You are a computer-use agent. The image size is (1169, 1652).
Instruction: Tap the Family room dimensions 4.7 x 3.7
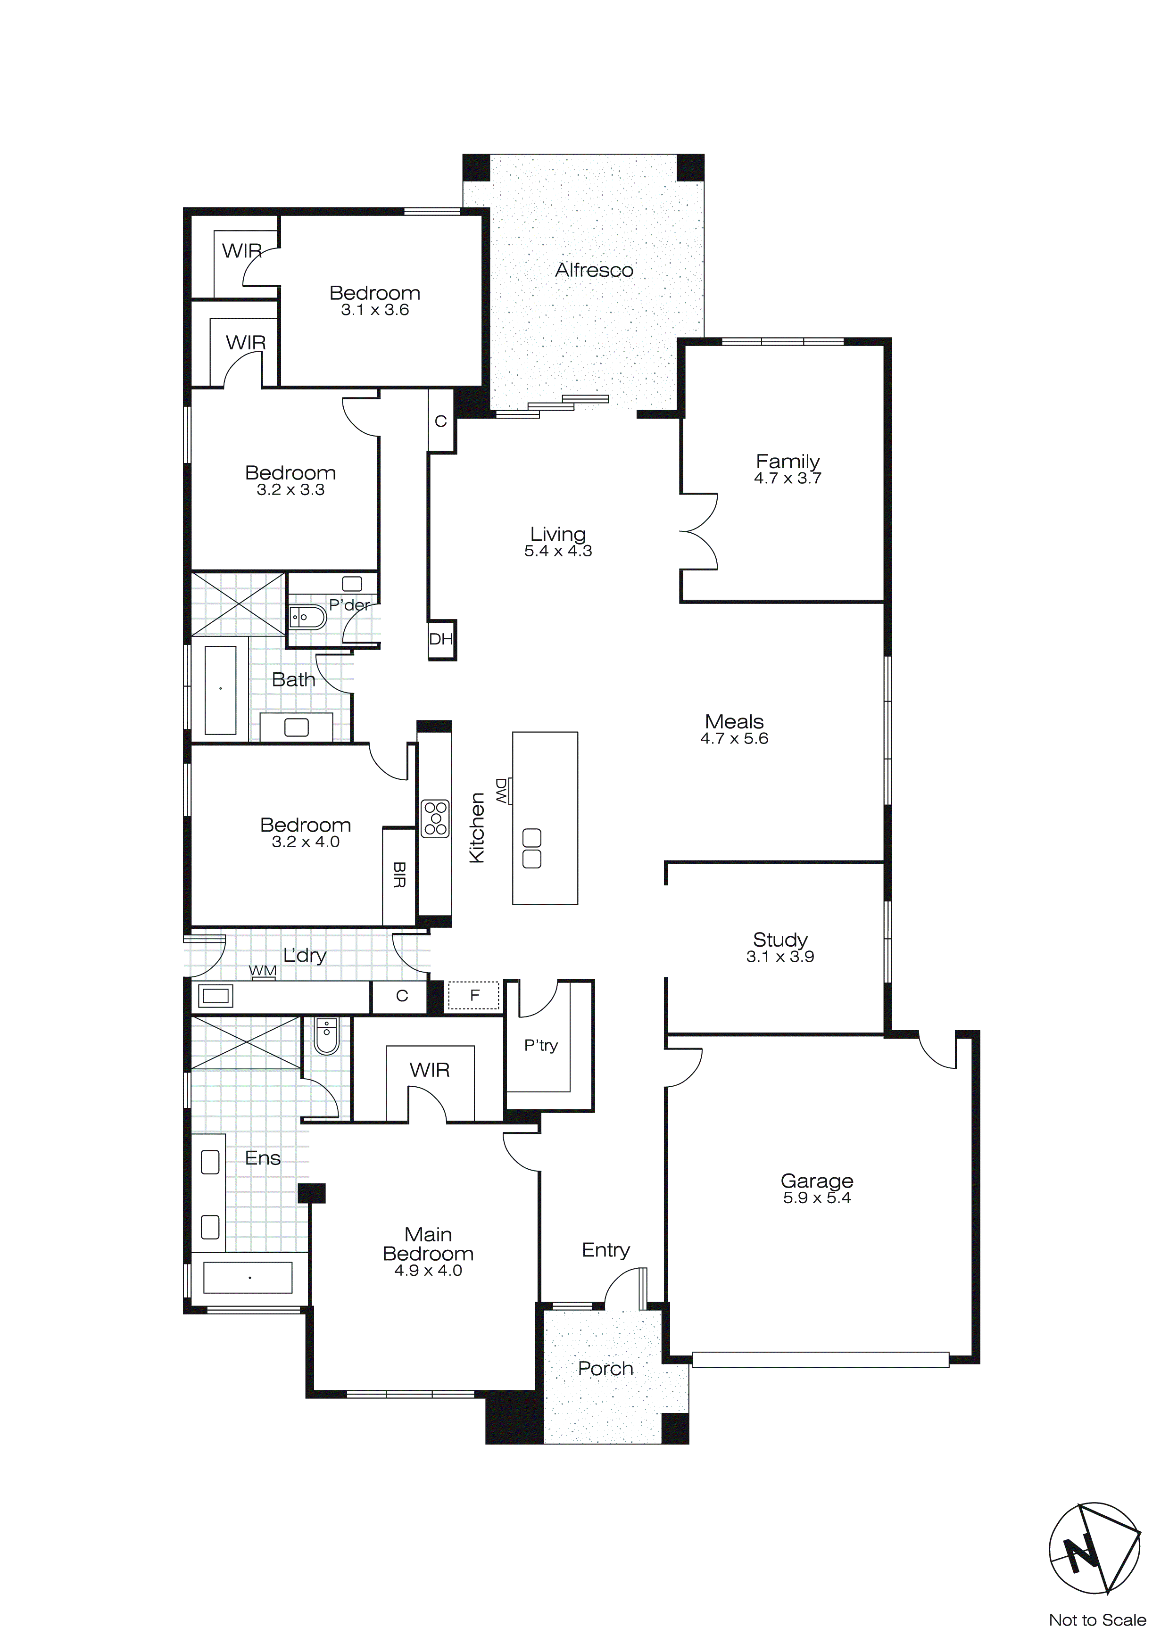[x=788, y=479]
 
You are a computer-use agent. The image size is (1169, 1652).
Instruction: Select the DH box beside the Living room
[x=441, y=639]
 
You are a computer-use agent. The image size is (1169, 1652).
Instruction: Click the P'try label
[x=540, y=1045]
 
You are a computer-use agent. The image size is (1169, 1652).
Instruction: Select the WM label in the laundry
[x=263, y=971]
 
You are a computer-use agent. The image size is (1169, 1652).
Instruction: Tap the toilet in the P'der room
[x=307, y=617]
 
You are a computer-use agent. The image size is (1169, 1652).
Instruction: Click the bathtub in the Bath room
[x=220, y=689]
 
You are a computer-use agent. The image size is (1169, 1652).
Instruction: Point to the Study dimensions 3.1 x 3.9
[x=780, y=957]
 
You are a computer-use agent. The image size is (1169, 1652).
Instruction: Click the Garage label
[x=817, y=1181]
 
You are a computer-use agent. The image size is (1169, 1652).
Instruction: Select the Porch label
[x=605, y=1369]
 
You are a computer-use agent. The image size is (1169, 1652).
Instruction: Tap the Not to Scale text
[x=1097, y=1619]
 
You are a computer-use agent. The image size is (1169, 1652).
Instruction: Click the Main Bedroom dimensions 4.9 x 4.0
[x=428, y=1271]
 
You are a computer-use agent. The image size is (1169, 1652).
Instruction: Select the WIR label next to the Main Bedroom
[x=430, y=1070]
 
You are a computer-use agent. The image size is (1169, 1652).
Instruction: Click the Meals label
[x=734, y=722]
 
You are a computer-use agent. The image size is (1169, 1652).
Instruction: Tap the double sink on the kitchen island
[x=532, y=848]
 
